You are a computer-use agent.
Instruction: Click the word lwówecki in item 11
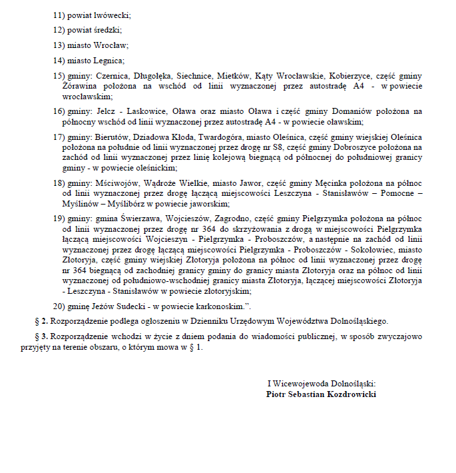tap(113, 14)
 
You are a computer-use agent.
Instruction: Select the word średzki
tap(107, 29)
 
